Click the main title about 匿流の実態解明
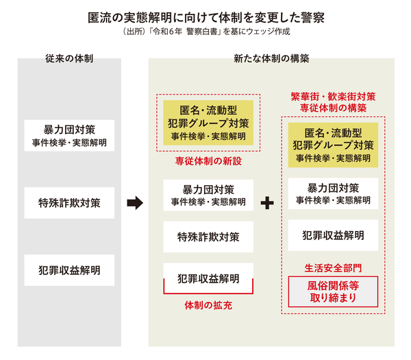click(206, 15)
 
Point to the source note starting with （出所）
click(206, 32)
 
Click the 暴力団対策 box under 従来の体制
click(68, 134)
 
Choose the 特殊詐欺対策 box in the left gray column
click(68, 202)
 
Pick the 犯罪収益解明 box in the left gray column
click(68, 270)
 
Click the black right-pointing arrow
click(135, 203)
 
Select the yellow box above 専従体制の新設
click(208, 123)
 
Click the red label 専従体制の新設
click(208, 162)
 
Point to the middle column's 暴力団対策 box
click(208, 195)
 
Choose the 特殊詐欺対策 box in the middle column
click(208, 237)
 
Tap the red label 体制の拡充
click(208, 303)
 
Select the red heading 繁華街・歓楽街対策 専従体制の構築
click(333, 102)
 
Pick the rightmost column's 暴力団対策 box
click(333, 194)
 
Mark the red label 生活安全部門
click(333, 266)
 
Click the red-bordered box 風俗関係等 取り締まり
click(333, 291)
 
